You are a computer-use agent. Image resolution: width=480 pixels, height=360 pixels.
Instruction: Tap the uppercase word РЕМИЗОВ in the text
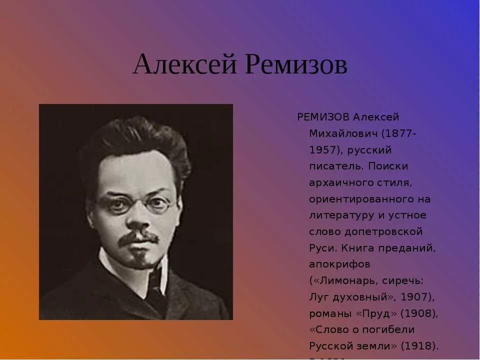[x=323, y=117]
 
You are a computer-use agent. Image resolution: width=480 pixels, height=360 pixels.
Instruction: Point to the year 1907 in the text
[x=414, y=297]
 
